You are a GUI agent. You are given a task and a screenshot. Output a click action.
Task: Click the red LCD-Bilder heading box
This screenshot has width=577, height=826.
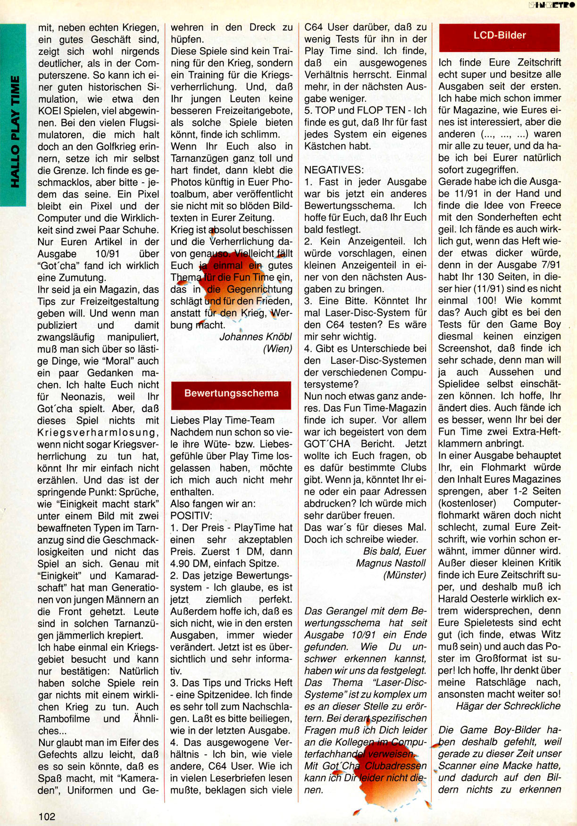point(499,36)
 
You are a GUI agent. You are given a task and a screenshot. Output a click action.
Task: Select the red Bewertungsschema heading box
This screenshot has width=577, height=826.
point(231,394)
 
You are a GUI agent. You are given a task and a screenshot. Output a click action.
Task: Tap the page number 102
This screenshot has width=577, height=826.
point(47,816)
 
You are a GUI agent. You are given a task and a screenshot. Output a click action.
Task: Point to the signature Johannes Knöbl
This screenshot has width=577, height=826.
point(255,337)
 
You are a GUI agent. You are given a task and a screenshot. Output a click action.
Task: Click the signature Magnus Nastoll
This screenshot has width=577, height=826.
point(391,563)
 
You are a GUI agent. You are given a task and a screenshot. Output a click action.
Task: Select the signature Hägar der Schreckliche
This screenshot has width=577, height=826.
point(508,706)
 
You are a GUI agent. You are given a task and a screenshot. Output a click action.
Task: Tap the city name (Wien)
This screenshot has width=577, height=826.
point(277,349)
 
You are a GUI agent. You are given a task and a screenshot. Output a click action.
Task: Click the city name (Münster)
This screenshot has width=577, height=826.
point(404,575)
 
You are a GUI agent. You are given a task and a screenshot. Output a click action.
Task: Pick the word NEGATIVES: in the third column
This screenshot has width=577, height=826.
point(334,170)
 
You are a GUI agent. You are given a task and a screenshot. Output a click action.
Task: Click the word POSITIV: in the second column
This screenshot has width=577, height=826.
point(191,516)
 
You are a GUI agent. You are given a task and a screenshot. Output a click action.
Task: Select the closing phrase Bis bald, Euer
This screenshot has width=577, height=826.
point(394,551)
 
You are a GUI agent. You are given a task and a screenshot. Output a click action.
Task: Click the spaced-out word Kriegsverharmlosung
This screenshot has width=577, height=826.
point(98,432)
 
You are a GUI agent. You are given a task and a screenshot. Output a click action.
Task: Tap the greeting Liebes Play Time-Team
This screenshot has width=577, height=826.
point(222,420)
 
